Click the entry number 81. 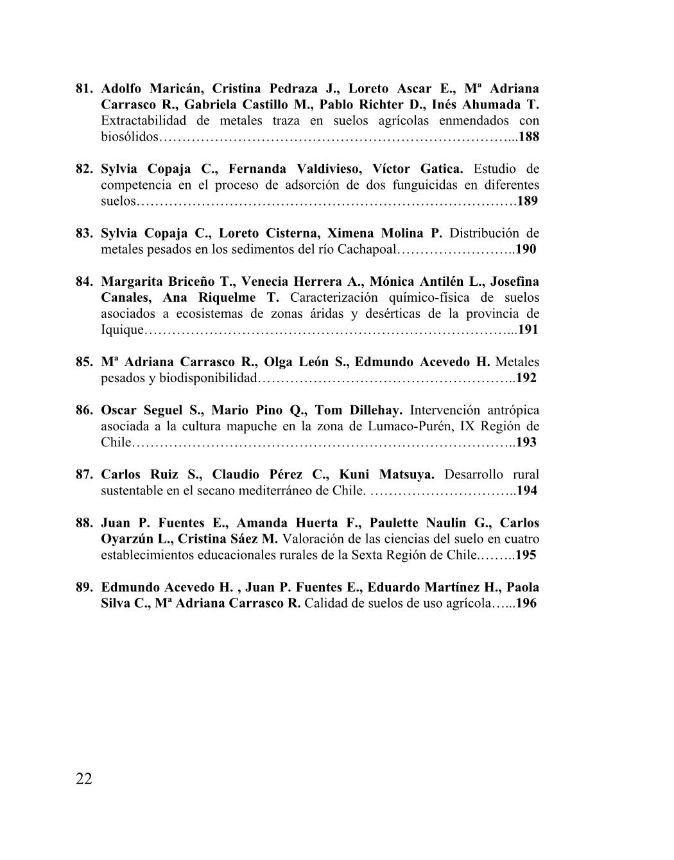coord(85,89)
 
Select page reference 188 coord(528,137)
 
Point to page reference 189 coord(527,201)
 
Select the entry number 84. coord(85,281)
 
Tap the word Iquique coord(123,329)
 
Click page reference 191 coord(528,329)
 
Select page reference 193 coord(526,442)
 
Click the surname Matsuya coord(405,475)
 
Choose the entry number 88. coord(85,523)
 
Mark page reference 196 coord(526,603)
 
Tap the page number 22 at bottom coord(84,779)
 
